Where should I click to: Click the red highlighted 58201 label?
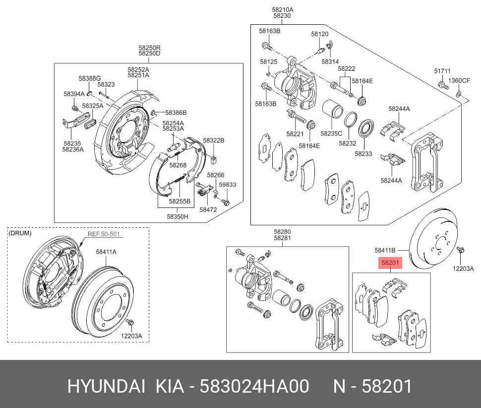pos(390,263)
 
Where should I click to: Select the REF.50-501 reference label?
pos(104,234)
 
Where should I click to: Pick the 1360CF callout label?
pos(459,80)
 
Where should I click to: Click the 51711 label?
pos(442,71)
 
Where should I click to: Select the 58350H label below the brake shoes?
pos(178,216)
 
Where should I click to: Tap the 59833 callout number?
pos(228,184)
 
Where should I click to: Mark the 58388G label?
pos(89,78)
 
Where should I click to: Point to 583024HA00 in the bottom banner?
pos(254,386)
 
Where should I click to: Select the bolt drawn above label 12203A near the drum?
pos(130,324)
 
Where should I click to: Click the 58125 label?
pos(268,61)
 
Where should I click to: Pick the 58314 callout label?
pos(330,61)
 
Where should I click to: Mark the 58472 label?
pos(208,209)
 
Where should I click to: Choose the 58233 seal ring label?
pos(363,154)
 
